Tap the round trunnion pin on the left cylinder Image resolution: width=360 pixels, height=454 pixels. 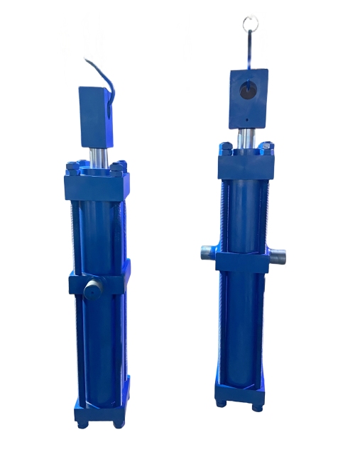pyautogui.click(x=91, y=290)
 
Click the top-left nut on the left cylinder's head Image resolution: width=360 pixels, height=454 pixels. pyautogui.click(x=73, y=167)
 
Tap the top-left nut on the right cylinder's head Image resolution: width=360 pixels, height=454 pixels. pyautogui.click(x=226, y=148)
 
